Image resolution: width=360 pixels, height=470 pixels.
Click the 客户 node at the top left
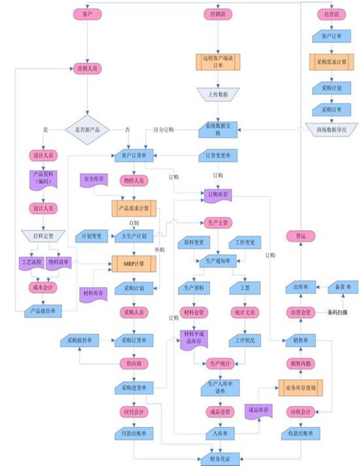(x=88, y=13)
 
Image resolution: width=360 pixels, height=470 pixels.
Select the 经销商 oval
(x=218, y=13)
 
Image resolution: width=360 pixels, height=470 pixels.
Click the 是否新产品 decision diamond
(x=87, y=129)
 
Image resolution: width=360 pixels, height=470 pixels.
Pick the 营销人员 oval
(x=88, y=68)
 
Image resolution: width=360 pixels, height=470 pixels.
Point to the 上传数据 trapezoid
(x=217, y=94)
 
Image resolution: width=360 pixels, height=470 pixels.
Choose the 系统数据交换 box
(x=218, y=129)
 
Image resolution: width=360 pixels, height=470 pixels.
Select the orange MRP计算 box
(x=134, y=265)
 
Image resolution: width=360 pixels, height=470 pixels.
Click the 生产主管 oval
(x=218, y=222)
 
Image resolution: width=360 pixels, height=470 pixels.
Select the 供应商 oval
(x=134, y=364)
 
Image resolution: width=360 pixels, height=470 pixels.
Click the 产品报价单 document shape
(x=44, y=312)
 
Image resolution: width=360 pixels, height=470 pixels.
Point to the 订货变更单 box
(x=218, y=156)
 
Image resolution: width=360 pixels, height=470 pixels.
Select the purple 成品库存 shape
(x=259, y=411)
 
